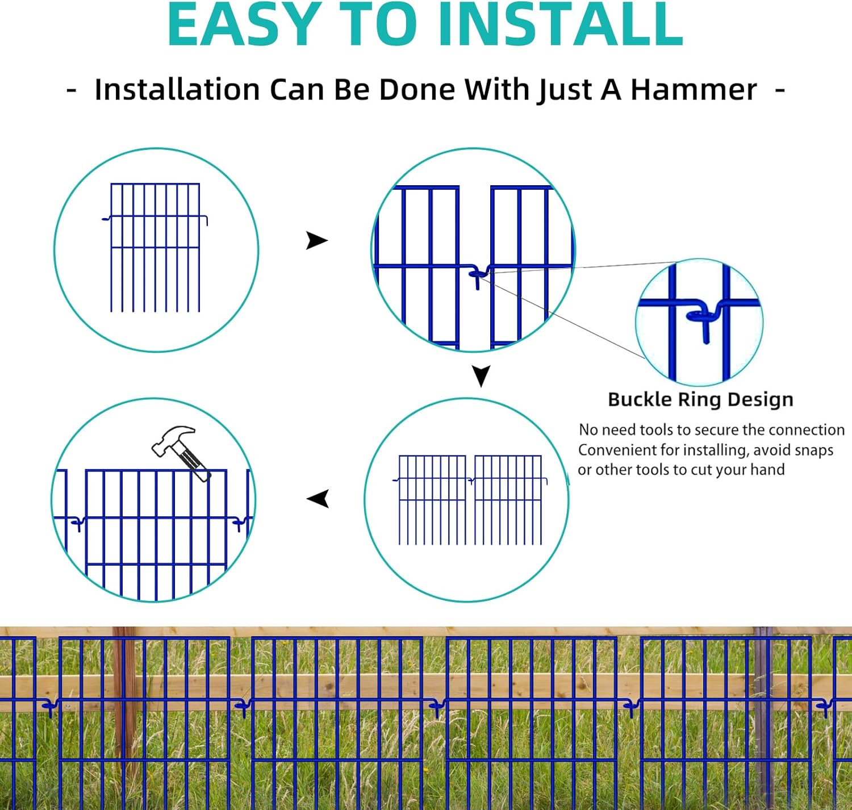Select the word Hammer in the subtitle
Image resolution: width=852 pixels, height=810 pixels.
pyautogui.click(x=694, y=90)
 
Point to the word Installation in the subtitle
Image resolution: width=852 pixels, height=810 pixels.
pyautogui.click(x=177, y=90)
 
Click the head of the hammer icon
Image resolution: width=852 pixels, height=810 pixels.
pyautogui.click(x=171, y=439)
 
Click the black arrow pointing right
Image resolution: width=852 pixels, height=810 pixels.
pyautogui.click(x=316, y=240)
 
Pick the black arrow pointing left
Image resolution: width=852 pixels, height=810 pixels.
pyautogui.click(x=318, y=499)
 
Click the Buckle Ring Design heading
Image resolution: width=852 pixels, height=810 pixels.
pyautogui.click(x=700, y=399)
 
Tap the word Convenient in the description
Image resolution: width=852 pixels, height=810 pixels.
pyautogui.click(x=617, y=450)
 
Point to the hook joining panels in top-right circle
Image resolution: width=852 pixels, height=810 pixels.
pyautogui.click(x=477, y=275)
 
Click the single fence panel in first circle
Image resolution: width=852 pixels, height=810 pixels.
pyautogui.click(x=155, y=247)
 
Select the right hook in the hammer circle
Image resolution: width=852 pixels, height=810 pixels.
pyautogui.click(x=240, y=523)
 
